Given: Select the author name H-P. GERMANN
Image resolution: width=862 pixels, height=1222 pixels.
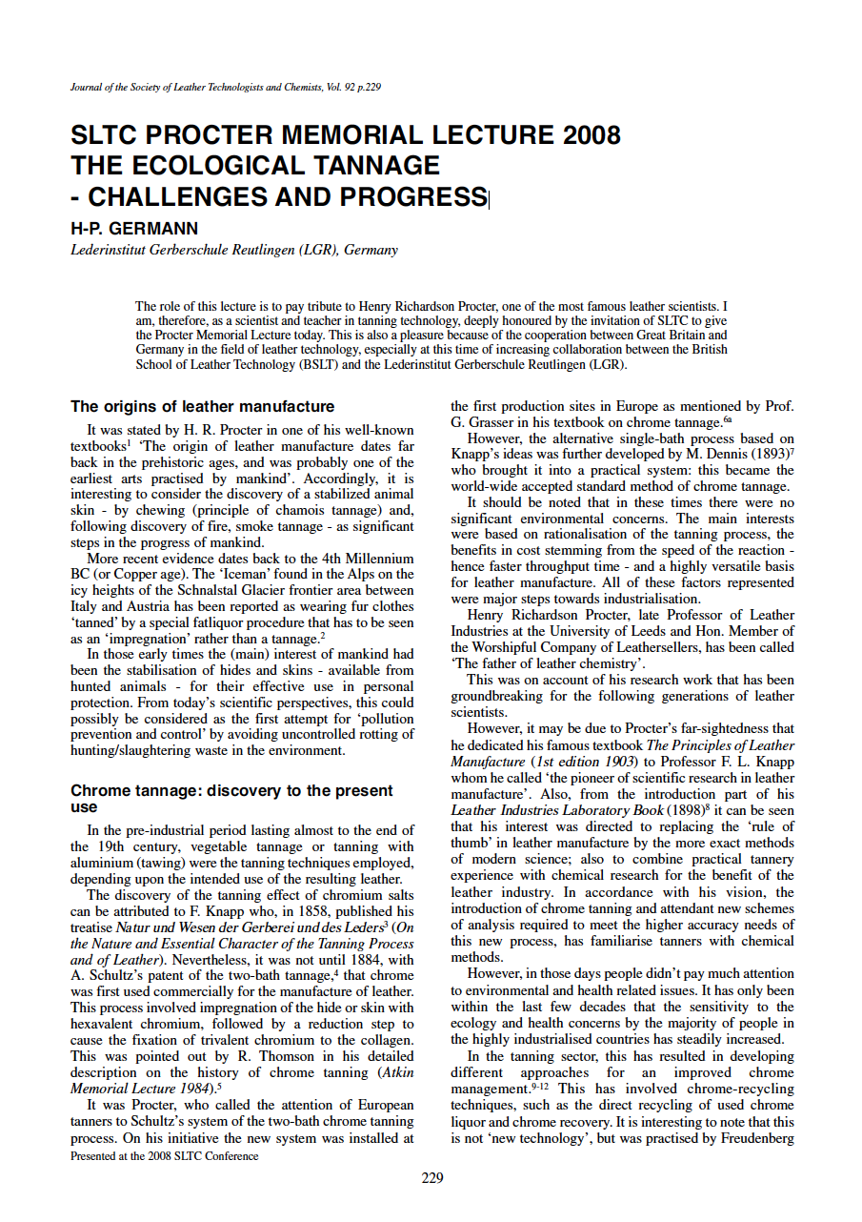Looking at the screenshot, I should pos(134,229).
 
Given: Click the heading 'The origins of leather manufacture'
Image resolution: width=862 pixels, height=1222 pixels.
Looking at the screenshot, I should pos(203,406).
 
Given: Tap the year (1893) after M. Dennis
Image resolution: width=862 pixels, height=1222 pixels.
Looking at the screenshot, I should pos(772,455).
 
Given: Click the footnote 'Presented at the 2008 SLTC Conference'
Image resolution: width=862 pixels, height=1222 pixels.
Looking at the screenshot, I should pos(165,1156).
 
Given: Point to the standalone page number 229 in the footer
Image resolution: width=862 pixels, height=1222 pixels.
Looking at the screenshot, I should pos(431,1178).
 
